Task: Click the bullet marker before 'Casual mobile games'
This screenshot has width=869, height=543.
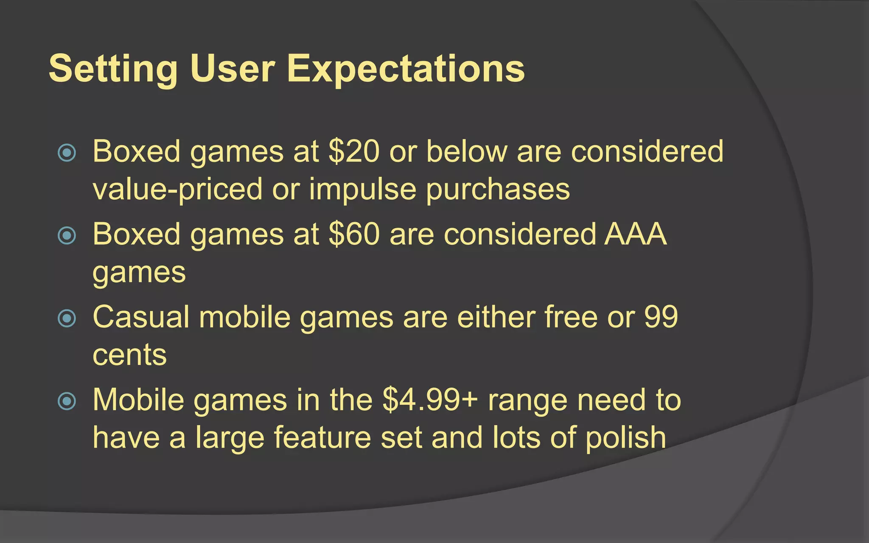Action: [x=67, y=318]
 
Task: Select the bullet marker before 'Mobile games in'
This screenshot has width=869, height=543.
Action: [x=67, y=400]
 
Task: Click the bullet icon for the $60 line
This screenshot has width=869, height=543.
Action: [x=67, y=235]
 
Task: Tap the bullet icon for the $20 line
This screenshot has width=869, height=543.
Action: [x=67, y=152]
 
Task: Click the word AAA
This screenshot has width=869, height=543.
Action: [x=635, y=234]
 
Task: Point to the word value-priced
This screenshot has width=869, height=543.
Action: [x=177, y=190]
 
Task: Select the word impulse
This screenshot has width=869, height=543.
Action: [x=362, y=190]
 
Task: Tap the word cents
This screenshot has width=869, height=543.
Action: [x=129, y=355]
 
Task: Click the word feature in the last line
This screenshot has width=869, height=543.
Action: [x=322, y=438]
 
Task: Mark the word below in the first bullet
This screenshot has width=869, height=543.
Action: [x=467, y=151]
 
